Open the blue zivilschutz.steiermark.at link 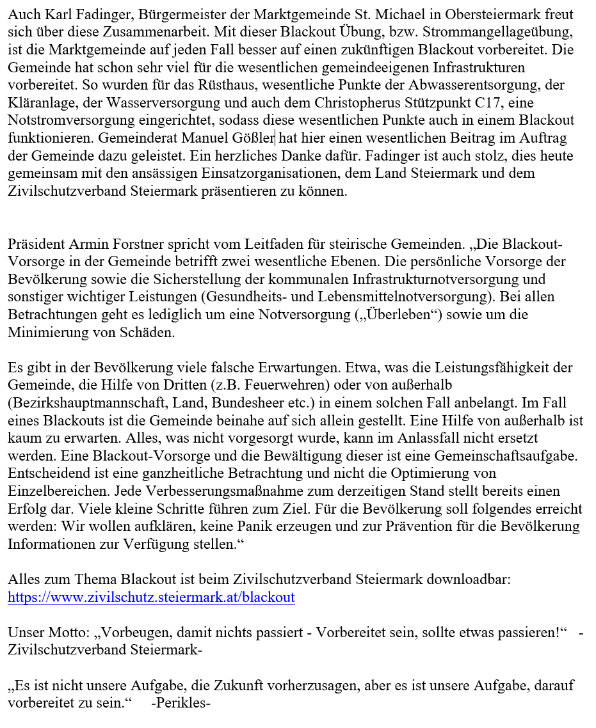(x=151, y=598)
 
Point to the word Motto (x=63, y=633)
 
